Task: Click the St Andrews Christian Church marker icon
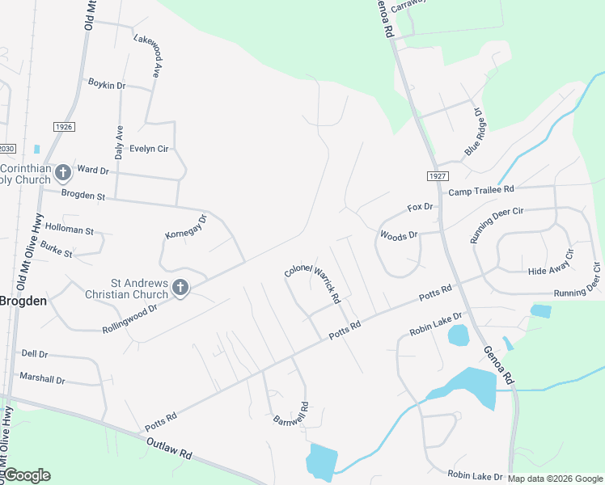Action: pyautogui.click(x=180, y=287)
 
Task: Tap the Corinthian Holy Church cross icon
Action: pyautogui.click(x=63, y=172)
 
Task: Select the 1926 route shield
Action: pyautogui.click(x=64, y=127)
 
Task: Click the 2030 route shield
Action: pyautogui.click(x=7, y=149)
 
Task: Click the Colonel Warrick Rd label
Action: pyautogui.click(x=312, y=282)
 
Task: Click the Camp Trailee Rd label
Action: pyautogui.click(x=481, y=190)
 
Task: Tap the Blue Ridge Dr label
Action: pyautogui.click(x=472, y=133)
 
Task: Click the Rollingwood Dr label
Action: pyautogui.click(x=129, y=318)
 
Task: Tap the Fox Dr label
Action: pyautogui.click(x=421, y=208)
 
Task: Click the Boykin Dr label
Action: pyautogui.click(x=107, y=85)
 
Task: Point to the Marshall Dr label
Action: pyautogui.click(x=42, y=378)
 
